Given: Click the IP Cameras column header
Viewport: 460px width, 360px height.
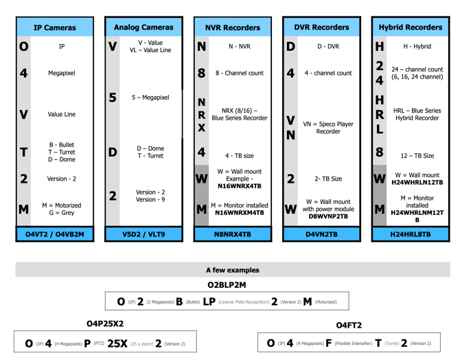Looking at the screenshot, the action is pos(55,27).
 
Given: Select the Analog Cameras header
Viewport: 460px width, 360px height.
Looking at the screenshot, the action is pos(143,27).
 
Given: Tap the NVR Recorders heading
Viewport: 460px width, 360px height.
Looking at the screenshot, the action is pos(233,27).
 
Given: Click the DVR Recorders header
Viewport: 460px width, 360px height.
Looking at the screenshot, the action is pos(321,27).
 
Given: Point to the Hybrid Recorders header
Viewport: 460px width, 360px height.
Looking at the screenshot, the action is pos(411,27).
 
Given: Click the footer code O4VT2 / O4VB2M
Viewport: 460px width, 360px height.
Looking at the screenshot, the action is pos(55,234).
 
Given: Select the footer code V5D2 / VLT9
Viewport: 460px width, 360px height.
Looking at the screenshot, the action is pos(143,234).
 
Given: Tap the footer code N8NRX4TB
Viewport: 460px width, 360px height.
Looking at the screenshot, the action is pos(233,234).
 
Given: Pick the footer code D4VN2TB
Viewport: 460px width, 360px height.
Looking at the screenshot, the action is pos(321,234).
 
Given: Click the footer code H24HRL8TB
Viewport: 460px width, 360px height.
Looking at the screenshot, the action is pos(411,234).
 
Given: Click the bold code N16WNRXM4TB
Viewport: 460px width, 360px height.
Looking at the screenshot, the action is pos(240,212).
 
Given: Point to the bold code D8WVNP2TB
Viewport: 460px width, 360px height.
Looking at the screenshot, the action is pos(328,216).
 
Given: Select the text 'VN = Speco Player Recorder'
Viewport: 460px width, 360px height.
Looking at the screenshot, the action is pos(328,128).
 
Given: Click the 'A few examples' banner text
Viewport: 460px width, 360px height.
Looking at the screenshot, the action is pos(233,270).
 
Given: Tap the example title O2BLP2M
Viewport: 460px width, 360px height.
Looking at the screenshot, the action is pos(227,285).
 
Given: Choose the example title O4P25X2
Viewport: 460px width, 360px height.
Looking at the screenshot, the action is pos(105,324).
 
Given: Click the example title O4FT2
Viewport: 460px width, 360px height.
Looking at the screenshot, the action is pos(349,326).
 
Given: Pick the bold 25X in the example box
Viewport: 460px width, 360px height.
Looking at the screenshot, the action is pos(117,344).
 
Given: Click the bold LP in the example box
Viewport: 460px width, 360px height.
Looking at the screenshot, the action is pos(209,302).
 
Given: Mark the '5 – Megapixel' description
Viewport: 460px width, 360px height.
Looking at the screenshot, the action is pos(150,98).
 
